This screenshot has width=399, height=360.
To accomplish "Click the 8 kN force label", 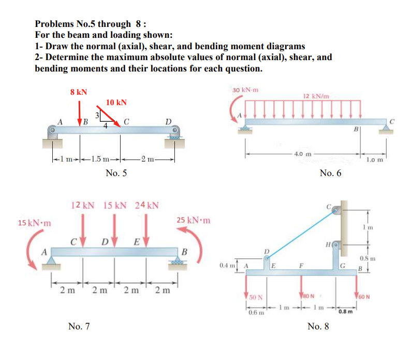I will (x=79, y=92).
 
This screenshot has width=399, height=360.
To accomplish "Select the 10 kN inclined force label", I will (x=116, y=103).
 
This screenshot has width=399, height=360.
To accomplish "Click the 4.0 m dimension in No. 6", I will (x=301, y=154).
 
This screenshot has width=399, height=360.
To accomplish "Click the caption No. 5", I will (x=116, y=173).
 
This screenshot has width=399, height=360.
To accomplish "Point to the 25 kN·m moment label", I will (x=193, y=220).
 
